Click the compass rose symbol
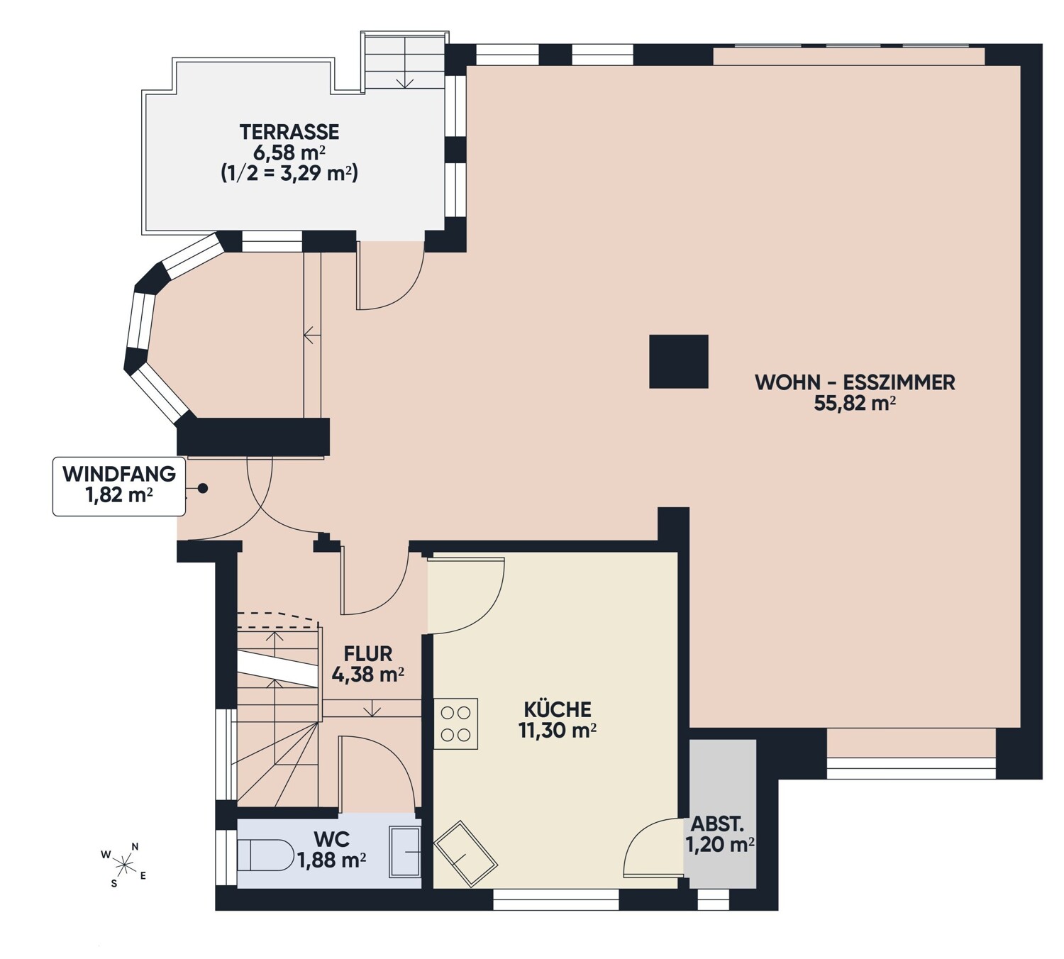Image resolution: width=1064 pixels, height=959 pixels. [x=123, y=865]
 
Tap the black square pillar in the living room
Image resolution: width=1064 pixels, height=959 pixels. [x=679, y=361]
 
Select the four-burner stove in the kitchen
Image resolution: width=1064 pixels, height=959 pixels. [x=455, y=724]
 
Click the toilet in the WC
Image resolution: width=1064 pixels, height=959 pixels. [x=265, y=855]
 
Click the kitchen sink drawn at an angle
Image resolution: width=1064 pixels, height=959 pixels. [x=466, y=853]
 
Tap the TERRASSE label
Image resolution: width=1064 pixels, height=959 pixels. [x=289, y=131]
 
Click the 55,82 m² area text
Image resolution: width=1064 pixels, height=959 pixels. [x=855, y=404]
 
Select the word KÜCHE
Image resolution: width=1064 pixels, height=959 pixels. [x=558, y=709]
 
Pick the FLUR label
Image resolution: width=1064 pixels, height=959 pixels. [x=368, y=653]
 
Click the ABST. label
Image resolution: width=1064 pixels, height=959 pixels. [x=717, y=824]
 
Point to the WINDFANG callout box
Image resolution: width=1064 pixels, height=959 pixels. [x=118, y=486]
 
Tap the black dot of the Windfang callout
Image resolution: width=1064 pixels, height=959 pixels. [x=203, y=489]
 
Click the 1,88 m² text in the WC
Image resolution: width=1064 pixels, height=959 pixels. [x=332, y=860]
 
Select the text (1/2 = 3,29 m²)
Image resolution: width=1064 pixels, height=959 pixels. [x=289, y=174]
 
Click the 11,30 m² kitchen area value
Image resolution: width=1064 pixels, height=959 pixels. [x=558, y=731]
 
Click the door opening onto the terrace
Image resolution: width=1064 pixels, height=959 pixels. [x=390, y=275]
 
